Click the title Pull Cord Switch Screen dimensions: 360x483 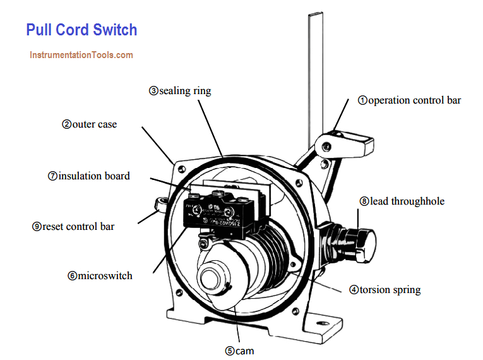(x=81, y=30)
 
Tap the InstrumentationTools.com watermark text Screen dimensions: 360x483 (x=81, y=55)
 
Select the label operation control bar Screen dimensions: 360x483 (x=410, y=100)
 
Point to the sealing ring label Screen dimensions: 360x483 (x=180, y=91)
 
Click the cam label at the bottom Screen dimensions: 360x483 (x=240, y=350)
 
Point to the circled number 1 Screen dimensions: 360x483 (x=363, y=100)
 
